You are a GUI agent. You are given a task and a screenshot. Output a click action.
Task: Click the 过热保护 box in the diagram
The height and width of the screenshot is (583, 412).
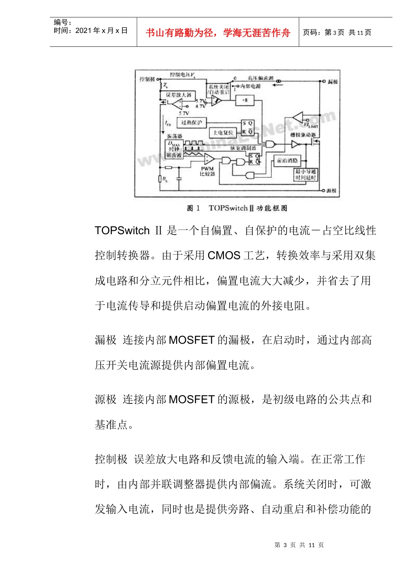point(191,123)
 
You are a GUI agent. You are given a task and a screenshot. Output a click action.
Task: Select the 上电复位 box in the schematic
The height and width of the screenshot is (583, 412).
point(223,132)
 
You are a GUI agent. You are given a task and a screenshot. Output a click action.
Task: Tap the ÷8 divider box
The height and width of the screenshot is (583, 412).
point(245,100)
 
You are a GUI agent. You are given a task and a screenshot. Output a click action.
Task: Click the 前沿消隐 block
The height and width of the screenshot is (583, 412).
point(287,160)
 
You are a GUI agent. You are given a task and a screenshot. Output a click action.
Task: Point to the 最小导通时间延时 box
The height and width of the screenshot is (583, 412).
point(306,174)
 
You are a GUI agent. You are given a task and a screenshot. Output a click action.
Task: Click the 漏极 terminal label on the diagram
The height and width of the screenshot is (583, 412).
point(333,82)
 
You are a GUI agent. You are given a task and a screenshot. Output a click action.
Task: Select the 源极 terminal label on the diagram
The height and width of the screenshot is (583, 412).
point(331,190)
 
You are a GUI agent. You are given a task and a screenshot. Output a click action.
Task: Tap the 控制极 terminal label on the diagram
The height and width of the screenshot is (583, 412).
point(147,79)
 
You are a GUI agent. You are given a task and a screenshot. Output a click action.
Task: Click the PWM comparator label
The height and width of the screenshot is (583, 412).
point(207,171)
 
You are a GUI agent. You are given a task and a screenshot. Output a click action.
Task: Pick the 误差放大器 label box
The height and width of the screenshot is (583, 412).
point(179,95)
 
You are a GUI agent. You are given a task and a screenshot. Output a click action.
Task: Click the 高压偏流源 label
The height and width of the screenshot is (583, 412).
point(261,78)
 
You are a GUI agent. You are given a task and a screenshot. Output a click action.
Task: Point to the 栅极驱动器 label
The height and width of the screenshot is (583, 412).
point(303,135)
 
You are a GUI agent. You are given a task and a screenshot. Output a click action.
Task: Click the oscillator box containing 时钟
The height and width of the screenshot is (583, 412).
point(174,149)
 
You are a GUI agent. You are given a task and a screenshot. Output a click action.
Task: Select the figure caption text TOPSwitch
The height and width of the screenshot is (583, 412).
point(228,208)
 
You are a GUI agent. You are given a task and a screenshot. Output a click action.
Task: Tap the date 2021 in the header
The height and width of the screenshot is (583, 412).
point(84,31)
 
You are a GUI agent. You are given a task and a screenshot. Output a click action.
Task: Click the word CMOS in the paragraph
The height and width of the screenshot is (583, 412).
point(224,255)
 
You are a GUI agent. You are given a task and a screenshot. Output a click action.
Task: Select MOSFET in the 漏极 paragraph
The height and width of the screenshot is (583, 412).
point(191,340)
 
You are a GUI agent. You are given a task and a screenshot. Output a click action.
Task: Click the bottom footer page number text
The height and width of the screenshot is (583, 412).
point(299,545)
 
